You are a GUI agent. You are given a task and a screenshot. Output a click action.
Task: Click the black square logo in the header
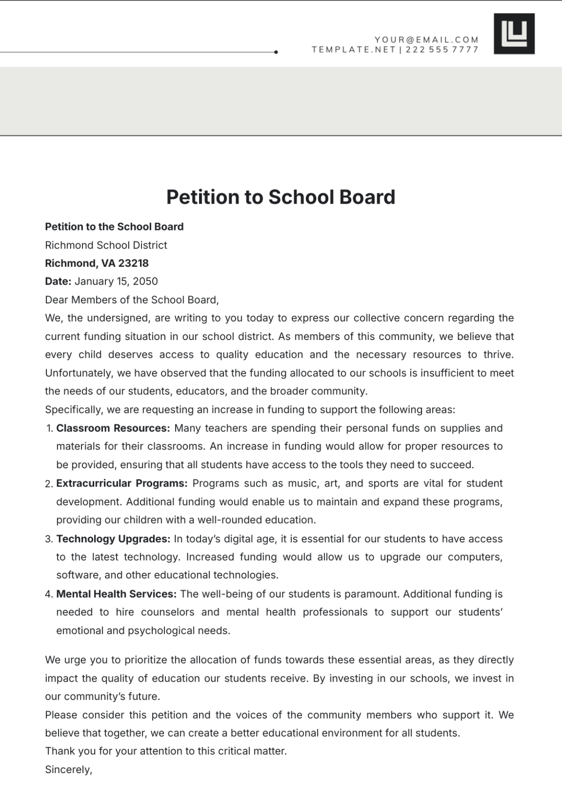click(514, 34)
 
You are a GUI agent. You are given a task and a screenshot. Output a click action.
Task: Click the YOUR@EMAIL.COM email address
click(426, 40)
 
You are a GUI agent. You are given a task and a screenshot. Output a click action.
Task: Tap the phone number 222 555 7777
click(442, 50)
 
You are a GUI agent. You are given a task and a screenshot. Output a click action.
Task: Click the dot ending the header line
click(276, 52)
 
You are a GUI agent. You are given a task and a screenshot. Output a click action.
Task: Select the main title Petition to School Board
click(281, 197)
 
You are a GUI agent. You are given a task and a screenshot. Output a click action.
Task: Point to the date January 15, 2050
click(116, 281)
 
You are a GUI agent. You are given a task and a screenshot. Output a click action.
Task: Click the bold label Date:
click(58, 281)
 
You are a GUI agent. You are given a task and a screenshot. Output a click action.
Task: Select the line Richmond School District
click(106, 245)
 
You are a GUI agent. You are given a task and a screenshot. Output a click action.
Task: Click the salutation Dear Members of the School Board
click(132, 300)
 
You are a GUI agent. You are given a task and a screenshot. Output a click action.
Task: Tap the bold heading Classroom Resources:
click(113, 428)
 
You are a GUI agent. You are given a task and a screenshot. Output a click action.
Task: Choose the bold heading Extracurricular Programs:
click(122, 483)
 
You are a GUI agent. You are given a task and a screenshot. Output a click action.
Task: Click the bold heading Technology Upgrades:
click(113, 539)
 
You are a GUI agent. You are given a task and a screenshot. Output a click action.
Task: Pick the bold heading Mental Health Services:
click(116, 594)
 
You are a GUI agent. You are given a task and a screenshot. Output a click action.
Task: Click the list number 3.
click(49, 539)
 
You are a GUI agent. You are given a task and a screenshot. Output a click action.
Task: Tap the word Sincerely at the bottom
click(68, 770)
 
